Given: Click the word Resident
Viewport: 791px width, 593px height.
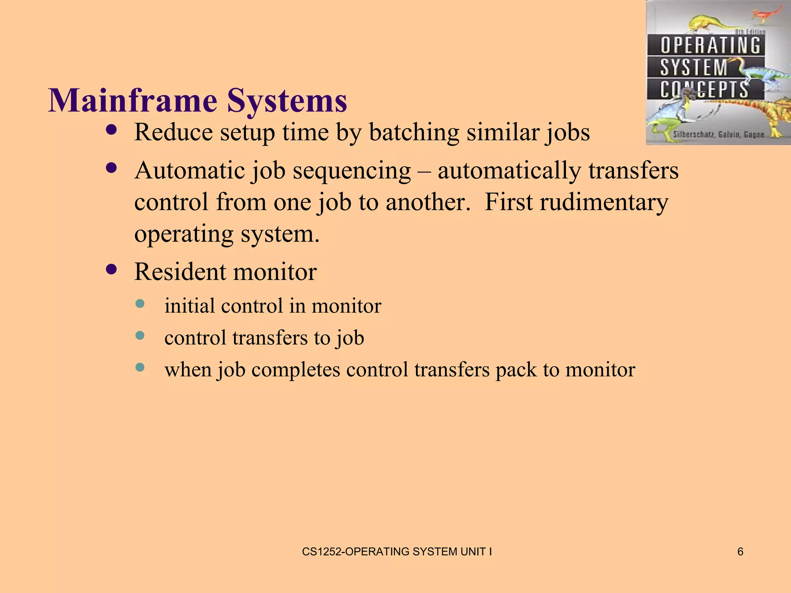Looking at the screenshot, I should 181,272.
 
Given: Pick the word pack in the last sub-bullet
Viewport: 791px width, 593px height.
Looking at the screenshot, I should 516,370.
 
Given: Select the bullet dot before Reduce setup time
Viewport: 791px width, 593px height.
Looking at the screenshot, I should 111,130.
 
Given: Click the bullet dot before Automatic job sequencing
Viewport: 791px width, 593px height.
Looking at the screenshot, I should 111,168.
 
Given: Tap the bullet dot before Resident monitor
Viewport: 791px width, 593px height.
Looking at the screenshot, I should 111,269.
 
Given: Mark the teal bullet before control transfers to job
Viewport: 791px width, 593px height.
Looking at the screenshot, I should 140,335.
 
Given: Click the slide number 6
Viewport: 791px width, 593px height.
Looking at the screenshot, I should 740,552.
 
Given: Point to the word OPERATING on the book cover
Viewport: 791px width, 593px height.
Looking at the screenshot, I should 710,45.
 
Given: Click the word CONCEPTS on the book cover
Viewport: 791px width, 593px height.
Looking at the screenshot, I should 704,90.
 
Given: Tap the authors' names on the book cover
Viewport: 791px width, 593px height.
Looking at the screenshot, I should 718,135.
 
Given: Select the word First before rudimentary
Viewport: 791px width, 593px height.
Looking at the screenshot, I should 508,202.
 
